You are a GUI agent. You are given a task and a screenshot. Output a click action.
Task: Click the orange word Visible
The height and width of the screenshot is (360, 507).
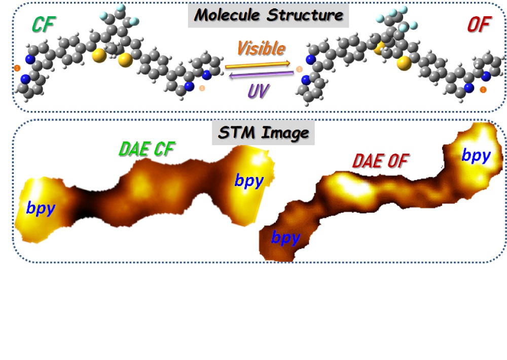tap(261, 49)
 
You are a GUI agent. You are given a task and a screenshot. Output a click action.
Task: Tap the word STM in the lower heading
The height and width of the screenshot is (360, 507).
tap(237, 133)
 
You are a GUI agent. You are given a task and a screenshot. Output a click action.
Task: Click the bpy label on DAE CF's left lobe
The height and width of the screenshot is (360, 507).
tap(40, 208)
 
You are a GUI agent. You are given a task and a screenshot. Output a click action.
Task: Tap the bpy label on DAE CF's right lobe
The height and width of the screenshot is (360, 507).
tap(248, 181)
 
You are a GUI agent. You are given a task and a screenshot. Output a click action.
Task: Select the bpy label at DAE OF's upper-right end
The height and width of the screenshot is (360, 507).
tap(476, 156)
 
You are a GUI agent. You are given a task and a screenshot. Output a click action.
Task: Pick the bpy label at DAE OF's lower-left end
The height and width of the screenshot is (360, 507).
tap(286, 238)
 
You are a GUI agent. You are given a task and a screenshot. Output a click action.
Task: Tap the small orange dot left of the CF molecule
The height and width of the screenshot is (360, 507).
tap(17, 67)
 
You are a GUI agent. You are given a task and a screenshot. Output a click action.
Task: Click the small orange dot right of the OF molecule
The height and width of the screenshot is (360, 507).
tap(483, 90)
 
